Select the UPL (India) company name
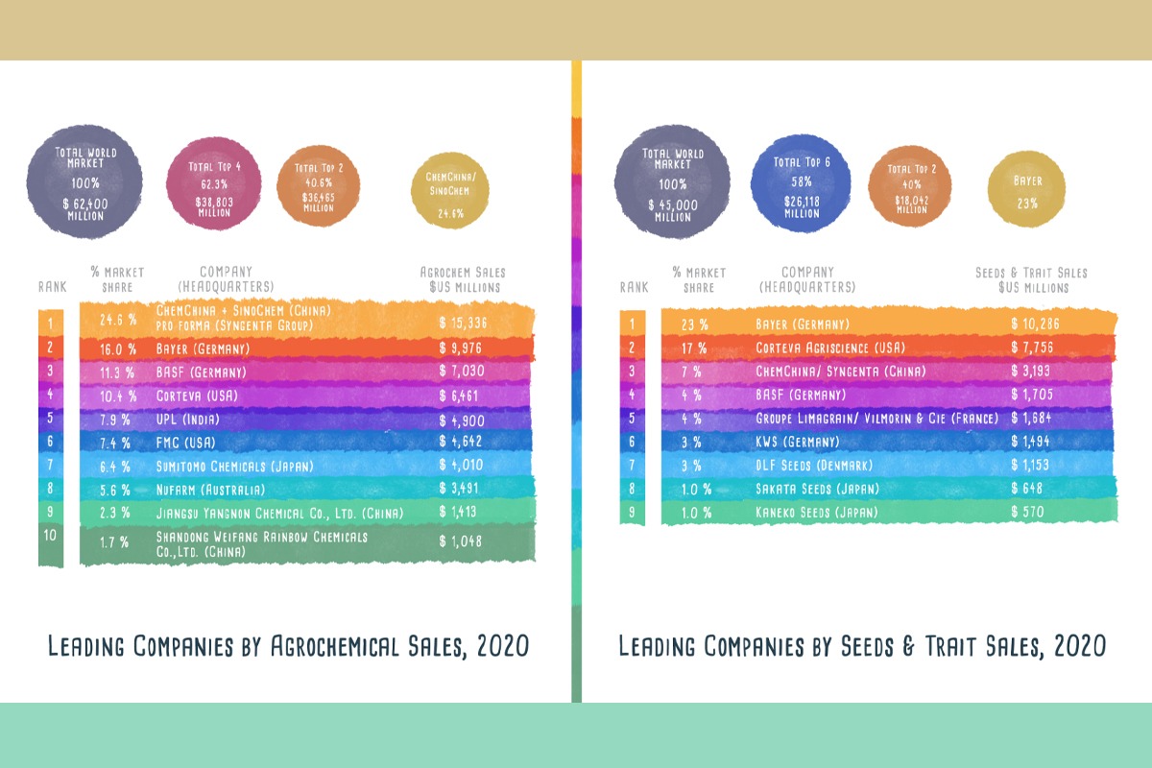pos(191,420)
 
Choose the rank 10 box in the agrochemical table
pos(51,544)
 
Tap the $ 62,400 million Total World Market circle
pos(84,183)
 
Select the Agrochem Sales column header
pos(463,279)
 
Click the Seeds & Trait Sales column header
pos(1030,279)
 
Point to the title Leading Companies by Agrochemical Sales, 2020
pos(289,646)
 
